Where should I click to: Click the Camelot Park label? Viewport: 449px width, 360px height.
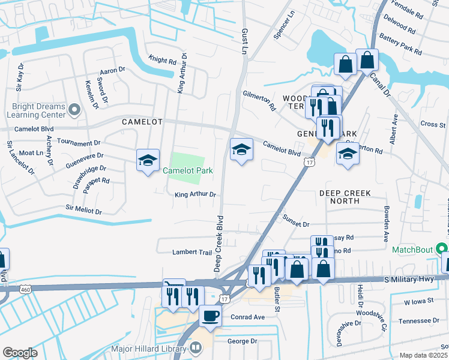[x=187, y=171]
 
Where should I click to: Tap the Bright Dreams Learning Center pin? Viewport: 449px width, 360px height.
[x=74, y=109]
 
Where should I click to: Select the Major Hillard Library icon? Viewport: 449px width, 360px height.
[x=196, y=348]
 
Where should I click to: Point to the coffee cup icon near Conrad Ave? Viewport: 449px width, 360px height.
[x=210, y=315]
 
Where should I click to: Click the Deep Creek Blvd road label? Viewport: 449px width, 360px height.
[x=219, y=243]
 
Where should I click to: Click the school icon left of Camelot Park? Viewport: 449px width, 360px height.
[x=148, y=161]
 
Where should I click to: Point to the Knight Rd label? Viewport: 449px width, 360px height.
[x=163, y=61]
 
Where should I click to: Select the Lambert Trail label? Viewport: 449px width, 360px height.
[x=193, y=252]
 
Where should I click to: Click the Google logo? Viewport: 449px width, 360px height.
[x=20, y=353]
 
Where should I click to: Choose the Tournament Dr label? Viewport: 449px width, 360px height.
[x=79, y=143]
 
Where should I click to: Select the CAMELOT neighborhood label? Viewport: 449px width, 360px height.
[x=142, y=122]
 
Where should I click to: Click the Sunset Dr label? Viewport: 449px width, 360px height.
[x=296, y=224]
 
